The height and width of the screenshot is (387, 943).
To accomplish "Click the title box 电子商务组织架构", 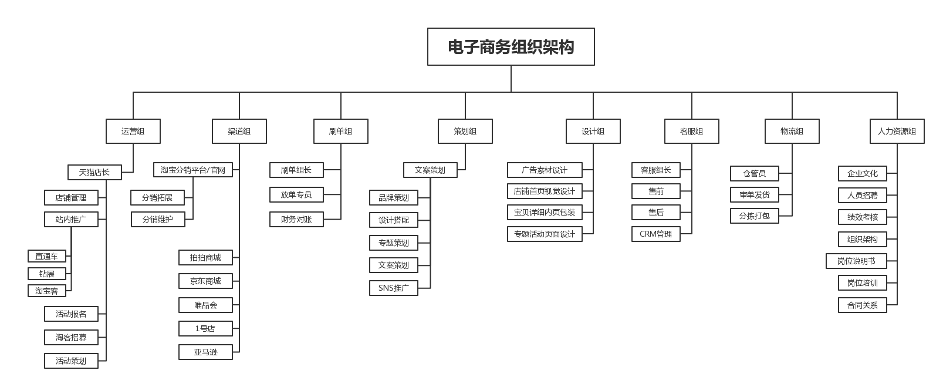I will point(511,46).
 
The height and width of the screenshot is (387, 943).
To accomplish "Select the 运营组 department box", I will point(133,131).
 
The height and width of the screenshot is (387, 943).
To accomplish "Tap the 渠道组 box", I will point(239,131).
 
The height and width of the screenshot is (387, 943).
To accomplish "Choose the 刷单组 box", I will point(341,131).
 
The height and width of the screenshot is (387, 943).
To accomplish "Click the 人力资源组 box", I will point(897,131).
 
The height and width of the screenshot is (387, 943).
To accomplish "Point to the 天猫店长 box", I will point(94,172).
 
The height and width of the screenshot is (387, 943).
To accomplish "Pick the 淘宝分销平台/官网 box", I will point(193,170).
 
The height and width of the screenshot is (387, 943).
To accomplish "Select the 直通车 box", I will point(47,256).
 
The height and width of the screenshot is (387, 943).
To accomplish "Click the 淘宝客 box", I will point(47,291).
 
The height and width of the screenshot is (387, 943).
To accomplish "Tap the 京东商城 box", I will point(205,281).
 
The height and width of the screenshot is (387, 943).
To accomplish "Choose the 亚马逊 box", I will point(205,352).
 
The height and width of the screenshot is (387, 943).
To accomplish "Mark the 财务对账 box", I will point(296,219).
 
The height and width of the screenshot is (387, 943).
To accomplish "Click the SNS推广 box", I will point(394,288).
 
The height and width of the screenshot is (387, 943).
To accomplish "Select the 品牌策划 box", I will point(394,197).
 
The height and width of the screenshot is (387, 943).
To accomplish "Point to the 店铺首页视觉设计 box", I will point(545,191).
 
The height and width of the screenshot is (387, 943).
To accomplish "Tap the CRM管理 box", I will point(656,234).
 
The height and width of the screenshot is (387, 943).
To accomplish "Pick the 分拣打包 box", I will point(754,216).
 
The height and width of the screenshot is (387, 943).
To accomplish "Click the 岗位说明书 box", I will point(856,261).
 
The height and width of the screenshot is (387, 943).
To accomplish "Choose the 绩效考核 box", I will point(863,217).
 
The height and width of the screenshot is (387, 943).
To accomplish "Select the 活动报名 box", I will point(71,314).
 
